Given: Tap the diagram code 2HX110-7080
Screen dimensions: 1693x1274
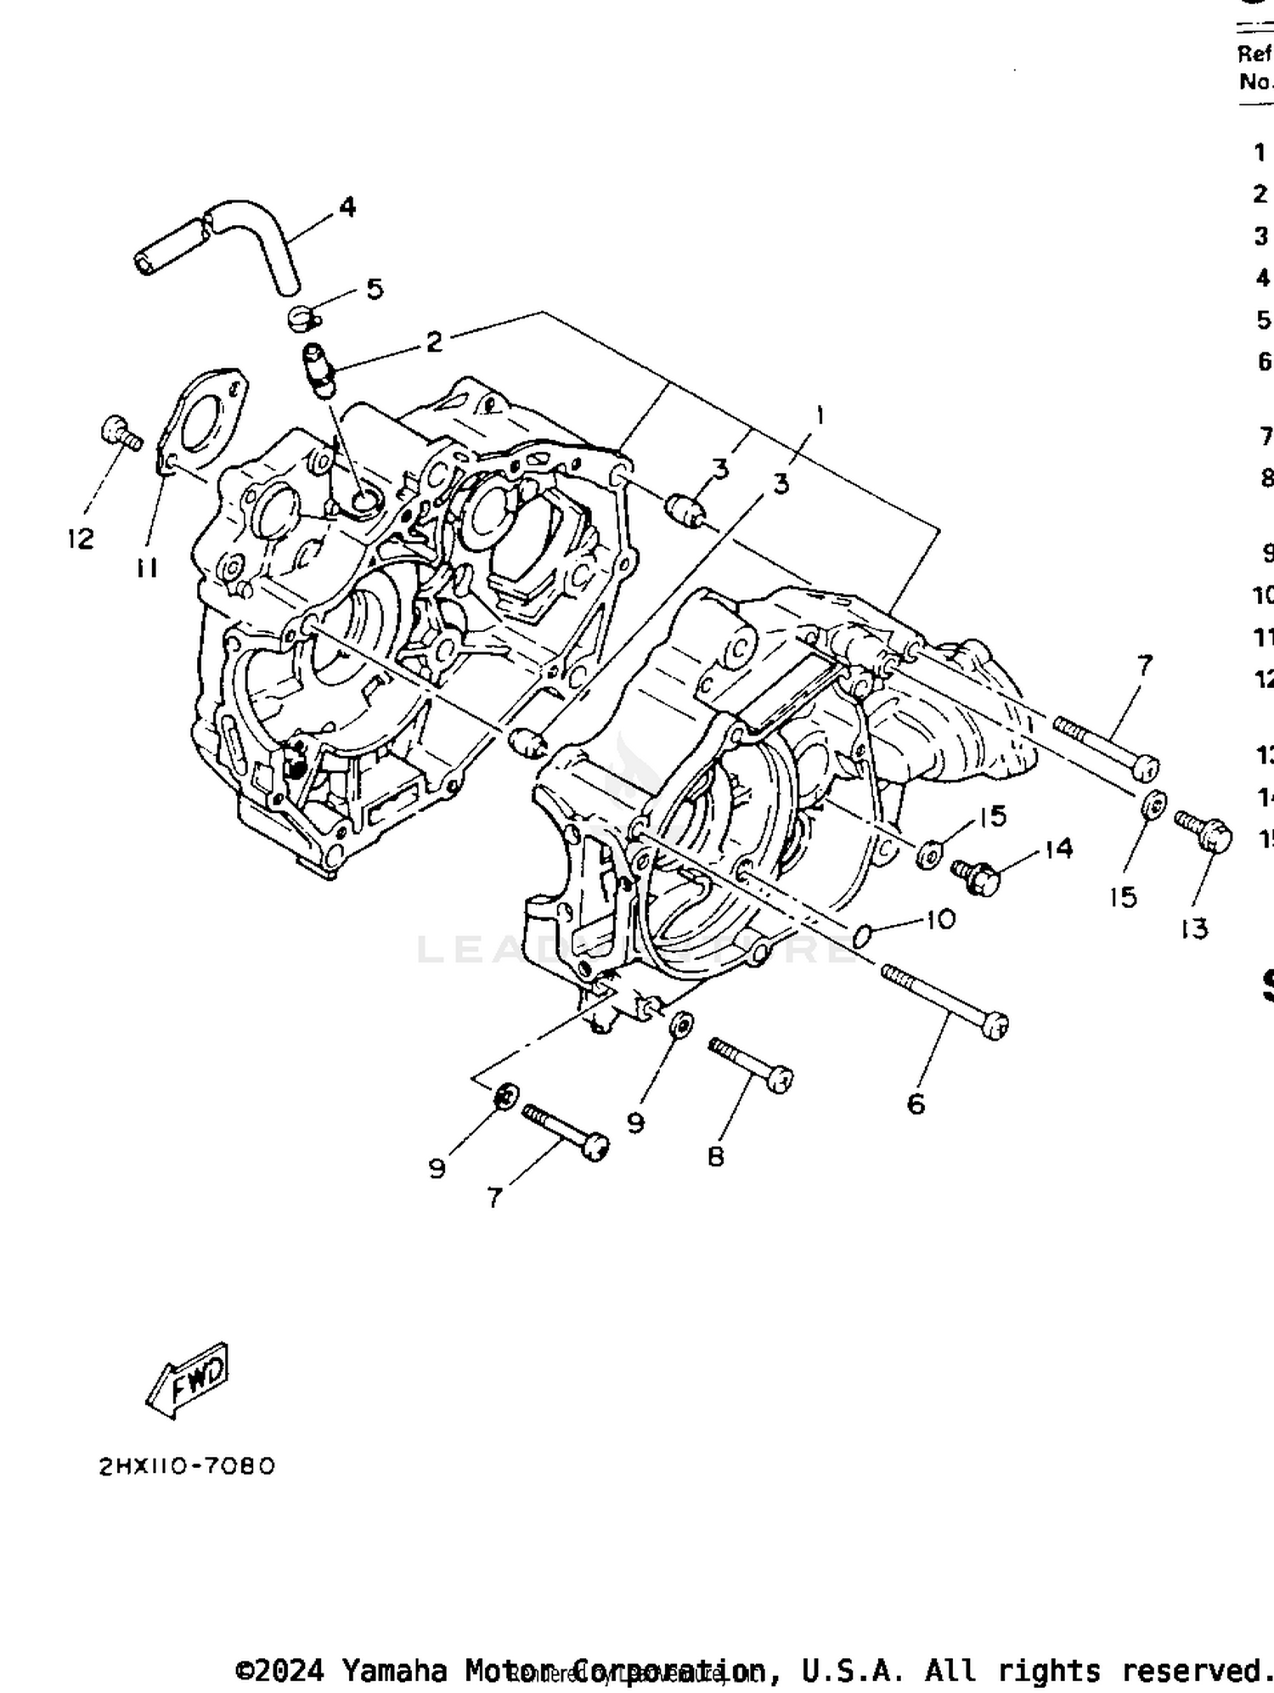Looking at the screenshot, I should [188, 1466].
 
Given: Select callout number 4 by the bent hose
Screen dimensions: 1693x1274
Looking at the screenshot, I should [347, 206].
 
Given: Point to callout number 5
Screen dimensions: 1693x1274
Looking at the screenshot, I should [375, 289].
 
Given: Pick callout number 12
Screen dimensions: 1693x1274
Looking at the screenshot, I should [81, 538].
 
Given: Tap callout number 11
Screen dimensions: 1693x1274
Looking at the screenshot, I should [147, 567].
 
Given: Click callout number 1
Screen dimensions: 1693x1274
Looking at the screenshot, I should [820, 415].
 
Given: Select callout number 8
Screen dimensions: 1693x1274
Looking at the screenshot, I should [716, 1156].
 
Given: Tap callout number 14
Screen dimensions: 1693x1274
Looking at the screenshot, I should [1058, 848].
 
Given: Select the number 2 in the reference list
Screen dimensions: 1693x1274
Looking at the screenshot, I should [1260, 194].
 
